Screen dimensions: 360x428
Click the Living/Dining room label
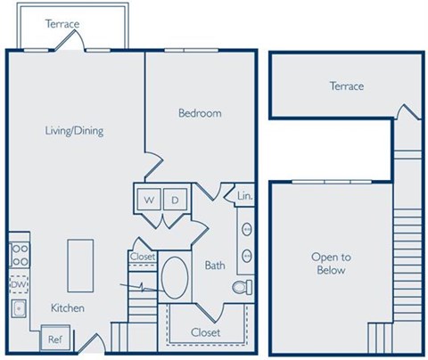coord(75,131)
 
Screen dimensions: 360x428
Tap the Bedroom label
coord(200,113)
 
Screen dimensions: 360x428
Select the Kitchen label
coord(67,308)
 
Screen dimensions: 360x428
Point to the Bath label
coord(214,266)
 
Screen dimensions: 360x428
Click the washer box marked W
coord(147,200)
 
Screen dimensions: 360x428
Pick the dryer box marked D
coord(175,200)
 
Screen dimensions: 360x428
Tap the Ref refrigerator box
coord(54,339)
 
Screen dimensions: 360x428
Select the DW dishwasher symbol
coord(18,284)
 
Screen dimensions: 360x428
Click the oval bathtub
coord(174,279)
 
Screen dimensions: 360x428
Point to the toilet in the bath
coord(242,287)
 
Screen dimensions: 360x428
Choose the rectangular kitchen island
coord(80,265)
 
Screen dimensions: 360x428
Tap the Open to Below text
coord(330,264)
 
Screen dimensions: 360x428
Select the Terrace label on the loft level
coord(347,86)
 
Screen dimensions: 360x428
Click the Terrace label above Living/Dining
coord(62,24)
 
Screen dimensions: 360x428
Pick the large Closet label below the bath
coord(206,332)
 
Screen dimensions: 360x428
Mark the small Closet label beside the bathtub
coord(143,257)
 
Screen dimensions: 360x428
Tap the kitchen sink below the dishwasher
coord(19,308)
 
